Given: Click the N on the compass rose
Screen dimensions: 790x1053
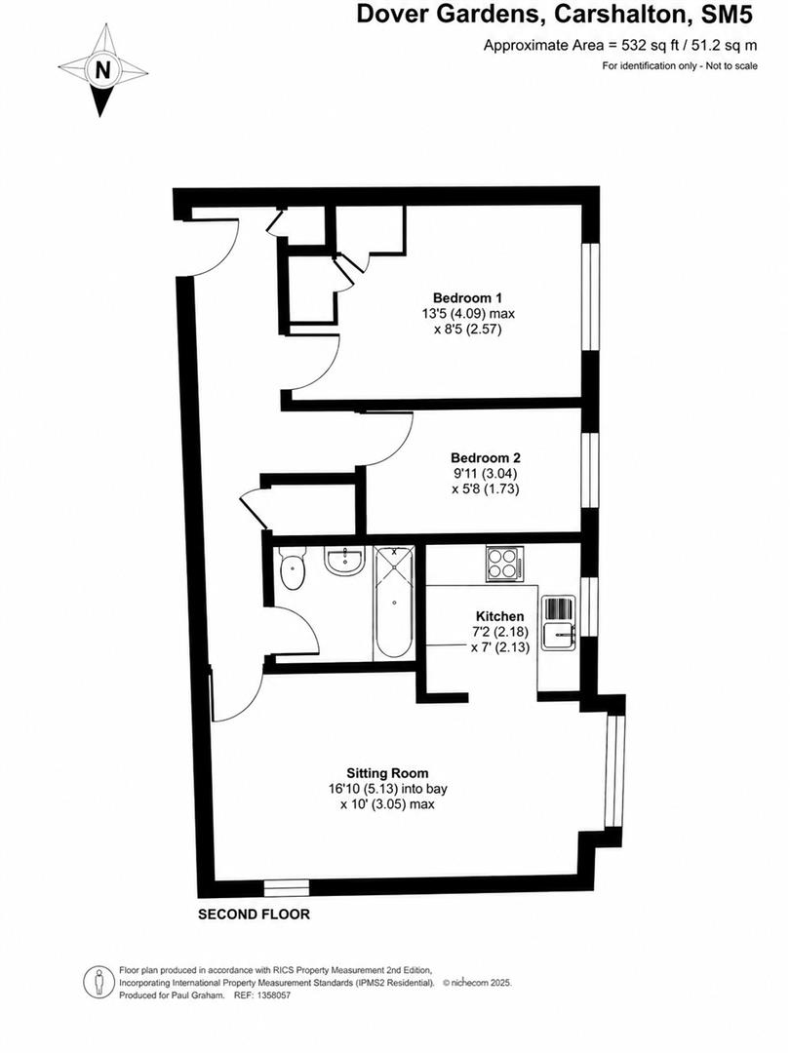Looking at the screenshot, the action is (x=102, y=70).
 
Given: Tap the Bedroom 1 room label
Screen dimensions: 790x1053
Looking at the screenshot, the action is (x=467, y=297).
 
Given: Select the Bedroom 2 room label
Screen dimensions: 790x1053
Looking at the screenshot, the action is (x=486, y=458).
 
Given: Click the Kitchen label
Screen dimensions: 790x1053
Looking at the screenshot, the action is (x=499, y=616).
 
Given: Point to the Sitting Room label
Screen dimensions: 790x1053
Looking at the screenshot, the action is (x=387, y=773).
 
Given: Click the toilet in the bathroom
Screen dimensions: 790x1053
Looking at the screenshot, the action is (x=293, y=568).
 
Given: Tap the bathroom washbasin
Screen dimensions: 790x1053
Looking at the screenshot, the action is (x=344, y=561).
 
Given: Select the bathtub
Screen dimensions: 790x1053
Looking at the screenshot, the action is (x=394, y=603).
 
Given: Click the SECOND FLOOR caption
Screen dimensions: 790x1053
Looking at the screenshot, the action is (x=254, y=914).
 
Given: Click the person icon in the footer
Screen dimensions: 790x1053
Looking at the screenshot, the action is (x=99, y=982).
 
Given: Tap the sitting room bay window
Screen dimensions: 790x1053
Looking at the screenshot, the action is (x=613, y=771).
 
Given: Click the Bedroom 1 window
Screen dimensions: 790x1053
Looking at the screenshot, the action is (x=590, y=296).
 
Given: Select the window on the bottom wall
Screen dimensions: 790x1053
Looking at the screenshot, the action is (x=286, y=888).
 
